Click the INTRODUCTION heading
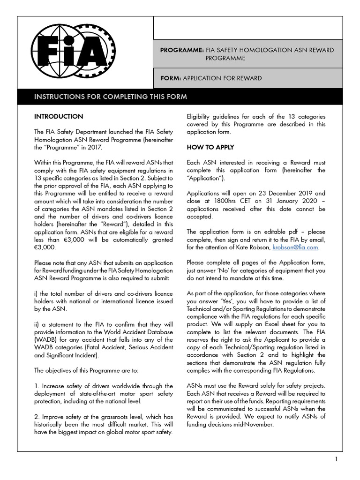[59, 116]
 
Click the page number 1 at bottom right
[336, 459]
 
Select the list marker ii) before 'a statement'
[37, 323]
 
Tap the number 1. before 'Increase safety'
[37, 385]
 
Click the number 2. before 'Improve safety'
[37, 416]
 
